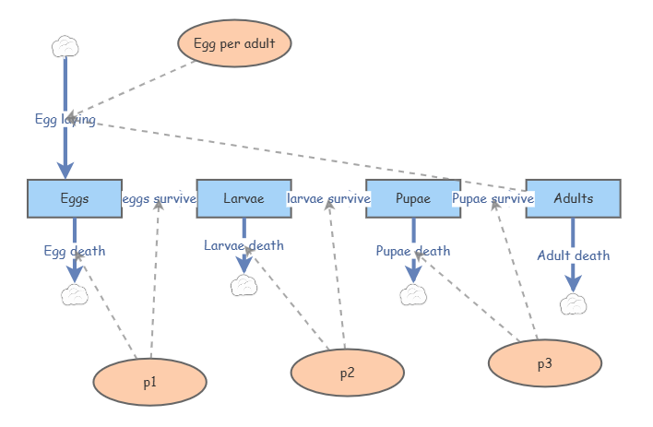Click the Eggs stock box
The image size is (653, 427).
click(x=75, y=198)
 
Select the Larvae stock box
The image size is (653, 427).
click(x=243, y=198)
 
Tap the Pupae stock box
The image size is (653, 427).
click(x=412, y=198)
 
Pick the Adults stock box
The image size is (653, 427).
click(x=574, y=198)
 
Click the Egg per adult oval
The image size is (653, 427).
click(x=234, y=43)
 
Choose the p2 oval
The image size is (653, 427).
click(x=347, y=374)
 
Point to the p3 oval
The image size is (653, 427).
click(x=544, y=363)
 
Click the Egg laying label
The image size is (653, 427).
click(x=65, y=119)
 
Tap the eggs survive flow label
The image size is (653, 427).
click(x=159, y=198)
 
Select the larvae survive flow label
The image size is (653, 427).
click(x=328, y=198)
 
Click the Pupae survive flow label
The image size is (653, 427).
click(x=493, y=198)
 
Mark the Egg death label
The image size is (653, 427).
click(x=75, y=251)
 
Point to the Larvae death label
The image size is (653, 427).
click(x=243, y=245)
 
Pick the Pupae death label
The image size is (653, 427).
click(x=412, y=251)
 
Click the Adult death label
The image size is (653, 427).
click(x=574, y=255)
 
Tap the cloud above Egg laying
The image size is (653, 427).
click(x=64, y=45)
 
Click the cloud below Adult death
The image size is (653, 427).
click(x=573, y=303)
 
